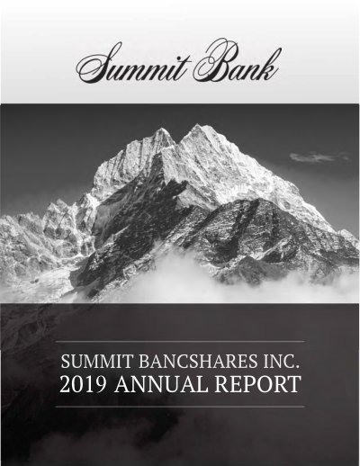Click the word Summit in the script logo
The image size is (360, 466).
(133, 64)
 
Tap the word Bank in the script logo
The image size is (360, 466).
(237, 61)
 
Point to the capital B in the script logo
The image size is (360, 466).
(214, 60)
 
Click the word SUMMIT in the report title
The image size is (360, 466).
(96, 361)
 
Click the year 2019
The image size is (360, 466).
(83, 383)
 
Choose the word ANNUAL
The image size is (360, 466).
(161, 383)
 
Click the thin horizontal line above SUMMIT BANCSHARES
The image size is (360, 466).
(180, 342)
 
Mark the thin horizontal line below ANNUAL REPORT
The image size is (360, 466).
(180, 407)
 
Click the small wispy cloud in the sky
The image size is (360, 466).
(319, 157)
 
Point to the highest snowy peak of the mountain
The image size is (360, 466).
(197, 125)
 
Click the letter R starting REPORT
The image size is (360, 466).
(222, 383)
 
